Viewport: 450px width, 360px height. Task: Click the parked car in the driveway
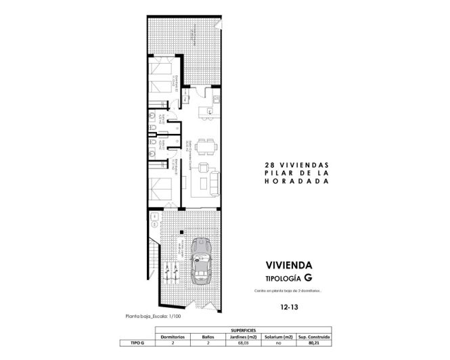tap(202, 261)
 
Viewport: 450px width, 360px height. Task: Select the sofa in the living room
tap(214, 181)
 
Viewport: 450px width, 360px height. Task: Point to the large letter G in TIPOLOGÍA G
tap(308, 277)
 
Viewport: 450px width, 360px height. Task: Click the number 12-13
tap(288, 307)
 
